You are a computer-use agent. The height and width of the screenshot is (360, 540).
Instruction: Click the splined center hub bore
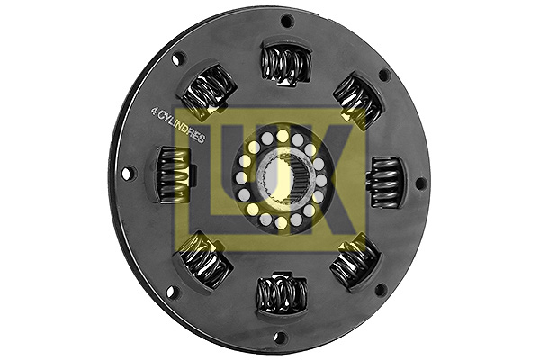click(x=282, y=179)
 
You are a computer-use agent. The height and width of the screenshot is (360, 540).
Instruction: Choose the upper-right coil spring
click(x=357, y=100)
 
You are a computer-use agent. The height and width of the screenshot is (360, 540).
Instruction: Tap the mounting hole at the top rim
click(x=286, y=21)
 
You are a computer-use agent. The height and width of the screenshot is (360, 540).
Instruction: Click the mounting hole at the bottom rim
click(x=280, y=337)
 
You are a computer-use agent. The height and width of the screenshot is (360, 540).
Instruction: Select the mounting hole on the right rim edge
click(x=419, y=183)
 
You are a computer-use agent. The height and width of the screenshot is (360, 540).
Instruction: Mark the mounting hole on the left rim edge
click(x=127, y=173)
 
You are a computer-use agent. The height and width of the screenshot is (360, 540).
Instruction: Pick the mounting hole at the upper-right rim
click(x=383, y=75)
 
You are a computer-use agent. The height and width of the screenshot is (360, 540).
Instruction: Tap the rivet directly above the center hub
click(x=283, y=136)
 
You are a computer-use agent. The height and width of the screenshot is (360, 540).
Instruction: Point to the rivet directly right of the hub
click(x=321, y=180)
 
